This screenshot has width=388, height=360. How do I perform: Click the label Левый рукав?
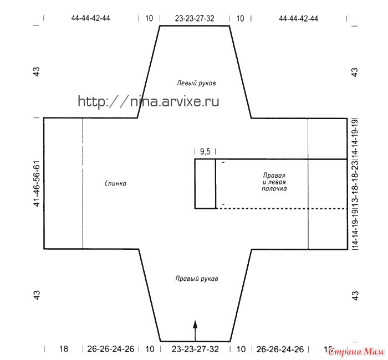click(196, 83)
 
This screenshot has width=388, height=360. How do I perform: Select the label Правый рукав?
click(197, 279)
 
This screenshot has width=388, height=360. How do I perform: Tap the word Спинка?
click(115, 183)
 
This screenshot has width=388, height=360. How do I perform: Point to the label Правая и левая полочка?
click(274, 182)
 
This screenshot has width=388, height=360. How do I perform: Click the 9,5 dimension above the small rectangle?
click(205, 152)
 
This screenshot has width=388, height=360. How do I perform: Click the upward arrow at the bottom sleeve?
click(195, 331)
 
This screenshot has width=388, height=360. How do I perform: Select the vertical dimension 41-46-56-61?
click(37, 184)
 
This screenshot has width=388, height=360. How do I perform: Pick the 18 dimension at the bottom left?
click(64, 349)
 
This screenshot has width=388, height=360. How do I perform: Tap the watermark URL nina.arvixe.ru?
click(149, 101)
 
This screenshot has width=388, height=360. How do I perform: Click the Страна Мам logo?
click(356, 352)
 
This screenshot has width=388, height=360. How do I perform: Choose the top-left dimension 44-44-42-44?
click(90, 18)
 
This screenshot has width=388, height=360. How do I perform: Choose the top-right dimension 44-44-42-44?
click(298, 18)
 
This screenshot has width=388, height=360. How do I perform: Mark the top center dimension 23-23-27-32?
click(195, 18)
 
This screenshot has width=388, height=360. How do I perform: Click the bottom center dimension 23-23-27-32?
click(195, 349)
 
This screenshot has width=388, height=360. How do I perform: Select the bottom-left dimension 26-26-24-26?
click(111, 349)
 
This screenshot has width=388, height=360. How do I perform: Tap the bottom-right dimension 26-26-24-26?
click(280, 349)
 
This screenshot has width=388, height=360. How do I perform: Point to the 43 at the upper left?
click(37, 72)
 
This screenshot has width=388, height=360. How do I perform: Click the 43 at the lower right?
click(355, 296)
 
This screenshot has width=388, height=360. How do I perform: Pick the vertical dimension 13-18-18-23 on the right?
click(355, 184)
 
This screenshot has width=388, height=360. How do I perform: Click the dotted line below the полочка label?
click(282, 209)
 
